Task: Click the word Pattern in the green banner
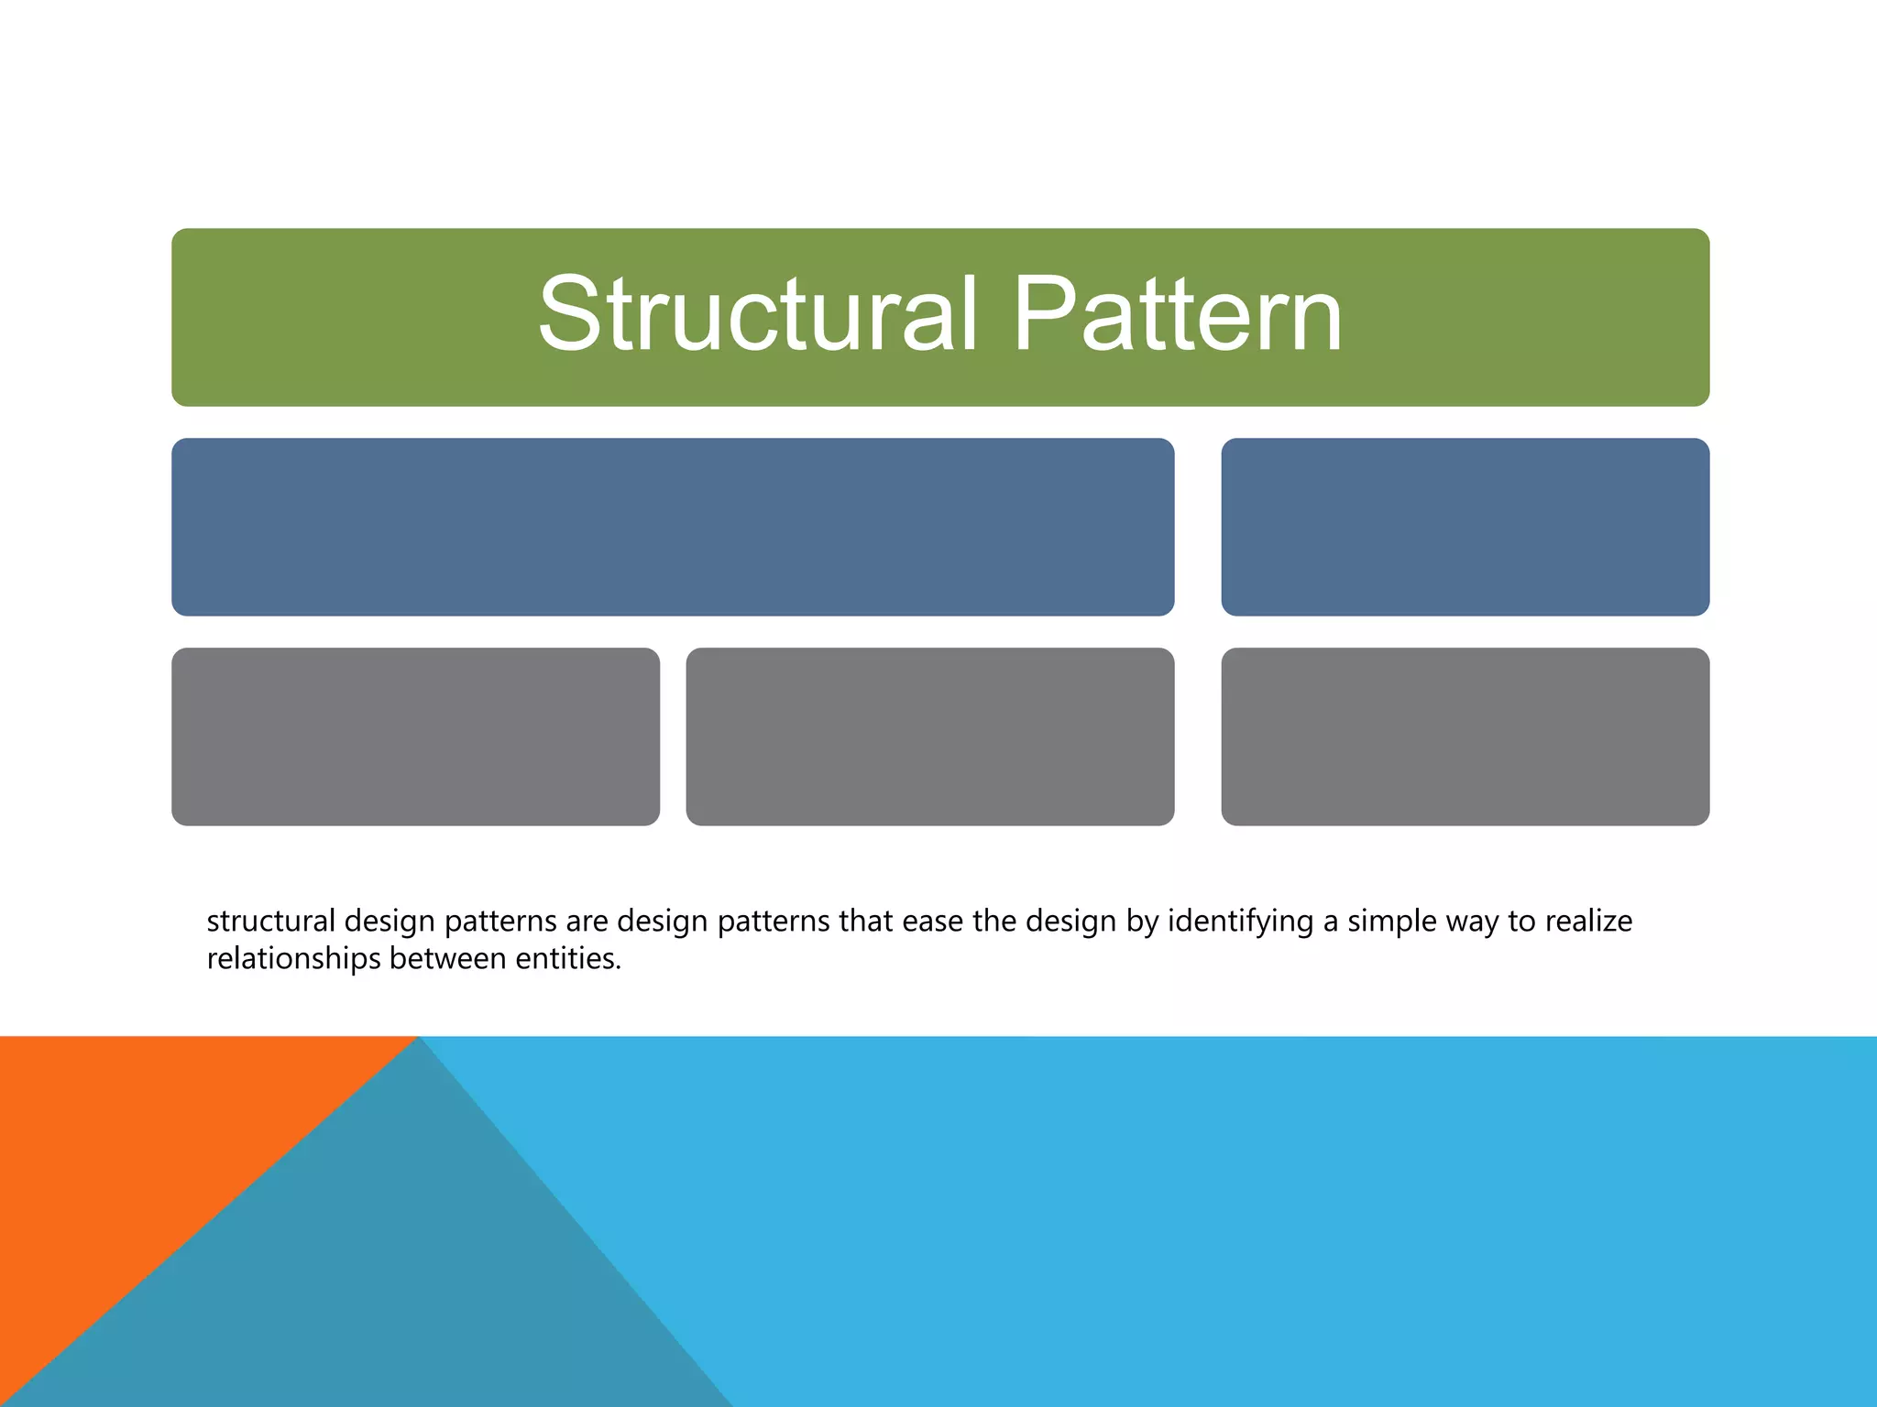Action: (1177, 314)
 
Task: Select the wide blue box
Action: (673, 527)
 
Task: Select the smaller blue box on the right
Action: (1465, 527)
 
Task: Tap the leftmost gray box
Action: (415, 736)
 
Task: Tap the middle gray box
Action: (929, 736)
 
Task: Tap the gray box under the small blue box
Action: (1465, 736)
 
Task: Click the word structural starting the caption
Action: (270, 921)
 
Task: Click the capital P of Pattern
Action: (1040, 314)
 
